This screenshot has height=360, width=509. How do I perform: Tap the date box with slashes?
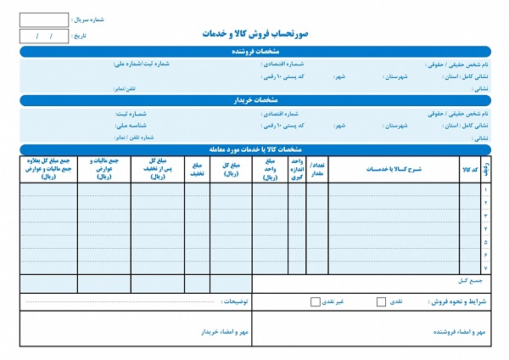point(43,37)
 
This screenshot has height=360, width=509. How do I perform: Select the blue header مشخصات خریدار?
point(254,101)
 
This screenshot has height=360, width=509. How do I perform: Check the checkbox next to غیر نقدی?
point(316,301)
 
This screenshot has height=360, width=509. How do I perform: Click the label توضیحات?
point(234,301)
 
